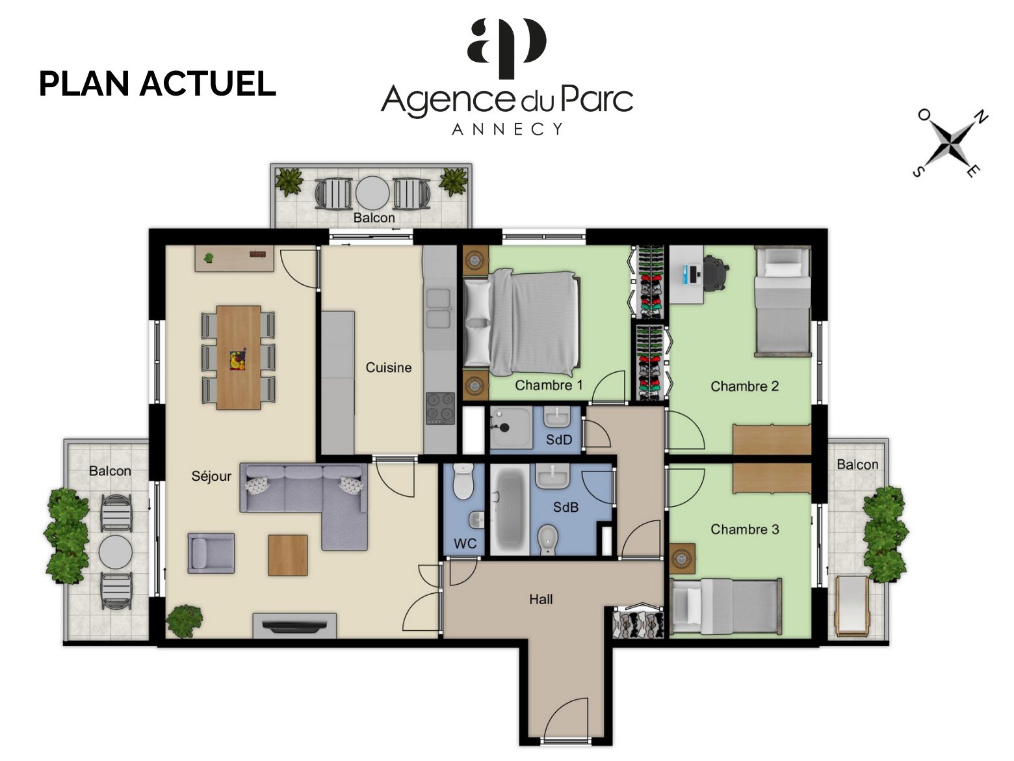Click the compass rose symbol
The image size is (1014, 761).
click(950, 144)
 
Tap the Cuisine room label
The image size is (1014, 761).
click(388, 367)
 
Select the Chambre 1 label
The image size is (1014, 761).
click(549, 385)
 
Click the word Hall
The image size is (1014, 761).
click(541, 599)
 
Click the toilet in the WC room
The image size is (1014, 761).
click(463, 481)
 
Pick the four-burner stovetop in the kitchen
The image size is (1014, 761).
click(440, 408)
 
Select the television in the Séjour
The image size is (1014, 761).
click(294, 626)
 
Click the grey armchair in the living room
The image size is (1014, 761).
click(211, 553)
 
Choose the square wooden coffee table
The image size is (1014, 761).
click(287, 555)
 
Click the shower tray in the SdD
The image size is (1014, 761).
click(510, 427)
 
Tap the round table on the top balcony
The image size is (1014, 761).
click(372, 193)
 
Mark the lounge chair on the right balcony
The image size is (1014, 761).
click(852, 606)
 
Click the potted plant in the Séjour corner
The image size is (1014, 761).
click(184, 621)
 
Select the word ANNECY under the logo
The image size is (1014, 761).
click(507, 129)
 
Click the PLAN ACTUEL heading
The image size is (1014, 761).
click(157, 84)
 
